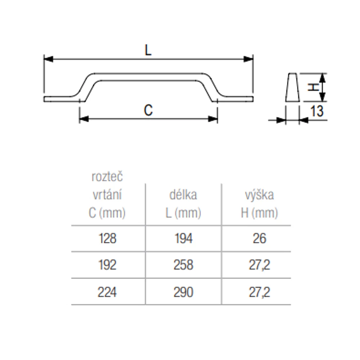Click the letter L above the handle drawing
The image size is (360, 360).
(148, 50)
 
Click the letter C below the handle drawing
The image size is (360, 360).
(148, 110)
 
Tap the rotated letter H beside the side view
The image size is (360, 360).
(314, 87)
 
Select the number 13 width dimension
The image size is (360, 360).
(317, 111)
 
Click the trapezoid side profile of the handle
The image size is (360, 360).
(292, 87)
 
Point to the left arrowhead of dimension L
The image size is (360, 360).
(49, 59)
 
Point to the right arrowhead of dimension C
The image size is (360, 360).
(213, 119)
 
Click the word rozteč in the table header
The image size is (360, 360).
(107, 177)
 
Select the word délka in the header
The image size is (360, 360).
(183, 195)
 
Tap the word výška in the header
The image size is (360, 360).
(260, 195)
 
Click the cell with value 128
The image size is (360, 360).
(107, 238)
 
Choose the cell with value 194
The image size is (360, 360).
(184, 238)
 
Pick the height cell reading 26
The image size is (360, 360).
(260, 238)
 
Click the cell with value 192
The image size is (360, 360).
(107, 265)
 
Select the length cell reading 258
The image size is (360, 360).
(184, 265)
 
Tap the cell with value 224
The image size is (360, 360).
(107, 292)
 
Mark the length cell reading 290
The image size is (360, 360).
(184, 292)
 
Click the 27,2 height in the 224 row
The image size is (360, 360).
(260, 292)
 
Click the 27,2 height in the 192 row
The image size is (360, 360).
(260, 265)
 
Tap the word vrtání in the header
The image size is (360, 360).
(107, 195)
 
